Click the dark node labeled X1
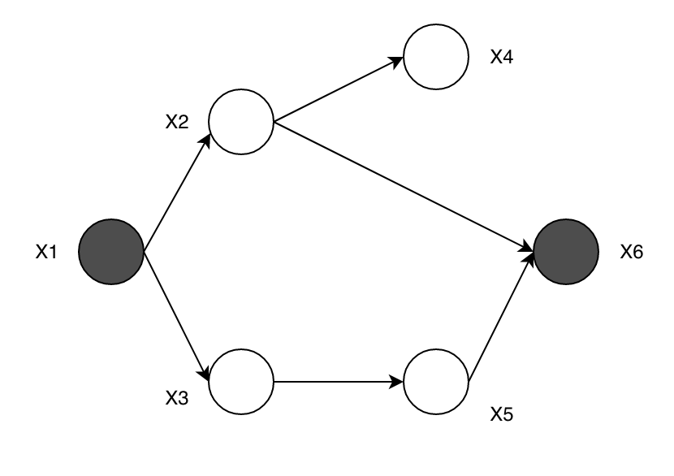tap(111, 252)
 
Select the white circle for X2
tap(242, 122)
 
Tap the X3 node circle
tap(242, 382)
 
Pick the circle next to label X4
tap(436, 57)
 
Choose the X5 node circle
tap(436, 382)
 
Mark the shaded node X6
tap(566, 252)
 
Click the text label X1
tap(46, 253)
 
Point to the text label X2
tap(177, 123)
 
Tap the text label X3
tap(177, 398)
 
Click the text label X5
tap(502, 415)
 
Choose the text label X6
tap(632, 253)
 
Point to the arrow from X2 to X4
tap(339, 89)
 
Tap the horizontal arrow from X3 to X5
tap(339, 382)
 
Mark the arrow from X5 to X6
tap(502, 317)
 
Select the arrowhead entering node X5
tap(398, 382)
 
